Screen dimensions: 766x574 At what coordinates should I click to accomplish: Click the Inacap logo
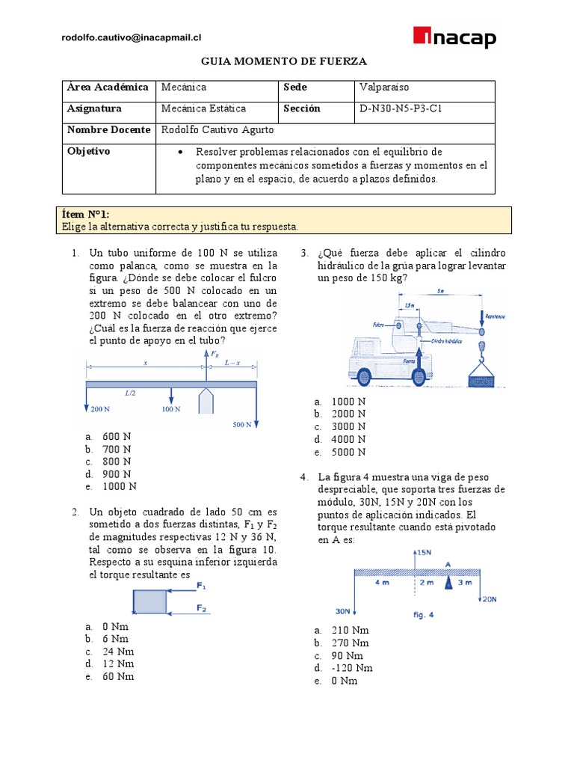(x=454, y=37)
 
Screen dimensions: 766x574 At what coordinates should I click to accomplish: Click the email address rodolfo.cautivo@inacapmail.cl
(x=132, y=37)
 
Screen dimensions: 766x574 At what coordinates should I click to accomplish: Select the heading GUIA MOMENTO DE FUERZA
(x=286, y=63)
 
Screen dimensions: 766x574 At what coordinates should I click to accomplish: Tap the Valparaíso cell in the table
(x=383, y=88)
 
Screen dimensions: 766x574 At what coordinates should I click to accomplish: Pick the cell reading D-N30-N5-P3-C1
(x=404, y=108)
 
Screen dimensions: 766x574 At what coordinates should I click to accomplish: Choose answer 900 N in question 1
(x=117, y=474)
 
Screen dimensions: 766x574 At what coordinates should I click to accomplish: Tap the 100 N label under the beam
(x=171, y=409)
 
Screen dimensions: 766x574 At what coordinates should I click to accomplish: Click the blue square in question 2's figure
(x=150, y=601)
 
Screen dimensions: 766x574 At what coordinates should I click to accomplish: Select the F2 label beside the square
(x=202, y=608)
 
